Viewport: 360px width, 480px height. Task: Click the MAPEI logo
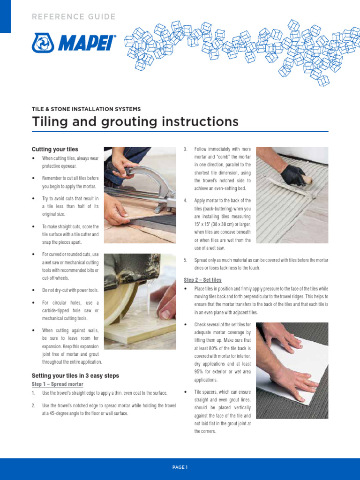click(x=74, y=43)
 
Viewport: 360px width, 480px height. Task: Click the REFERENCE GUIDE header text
click(x=74, y=17)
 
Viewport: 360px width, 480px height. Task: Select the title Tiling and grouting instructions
click(x=135, y=122)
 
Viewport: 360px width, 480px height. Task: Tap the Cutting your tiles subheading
click(x=55, y=149)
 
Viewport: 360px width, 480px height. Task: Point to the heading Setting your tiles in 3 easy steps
click(x=75, y=375)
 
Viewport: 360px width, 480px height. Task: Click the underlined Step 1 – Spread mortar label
click(x=57, y=384)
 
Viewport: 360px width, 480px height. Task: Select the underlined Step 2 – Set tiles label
click(x=202, y=280)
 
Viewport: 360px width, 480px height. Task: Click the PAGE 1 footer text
click(x=180, y=467)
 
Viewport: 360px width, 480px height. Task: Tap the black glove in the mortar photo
click(x=294, y=175)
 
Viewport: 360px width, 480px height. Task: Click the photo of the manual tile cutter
click(x=140, y=195)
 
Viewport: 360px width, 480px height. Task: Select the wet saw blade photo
click(x=140, y=301)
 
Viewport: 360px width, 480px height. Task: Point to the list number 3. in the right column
click(x=186, y=149)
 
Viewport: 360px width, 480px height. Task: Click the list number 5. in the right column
click(x=186, y=260)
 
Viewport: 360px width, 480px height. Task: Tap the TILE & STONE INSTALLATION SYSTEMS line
click(x=86, y=109)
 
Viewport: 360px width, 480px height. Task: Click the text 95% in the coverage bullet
click(x=200, y=372)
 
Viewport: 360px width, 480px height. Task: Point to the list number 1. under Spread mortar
click(x=34, y=393)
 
